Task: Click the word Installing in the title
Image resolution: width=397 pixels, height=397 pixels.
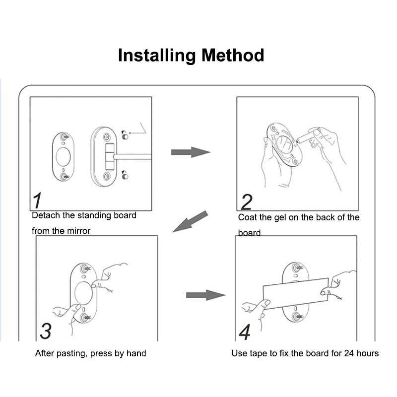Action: [x=157, y=55]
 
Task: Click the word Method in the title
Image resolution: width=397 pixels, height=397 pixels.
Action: [x=233, y=55]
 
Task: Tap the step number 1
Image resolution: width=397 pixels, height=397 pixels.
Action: [x=37, y=200]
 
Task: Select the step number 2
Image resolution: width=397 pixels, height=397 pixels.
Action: [x=246, y=201]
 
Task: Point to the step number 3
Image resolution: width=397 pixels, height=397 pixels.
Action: [x=45, y=331]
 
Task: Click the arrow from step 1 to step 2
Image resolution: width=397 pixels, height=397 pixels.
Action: [x=191, y=152]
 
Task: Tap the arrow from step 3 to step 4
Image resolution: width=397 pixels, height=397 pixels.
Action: [x=205, y=295]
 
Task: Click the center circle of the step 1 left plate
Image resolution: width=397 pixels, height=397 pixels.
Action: [x=63, y=155]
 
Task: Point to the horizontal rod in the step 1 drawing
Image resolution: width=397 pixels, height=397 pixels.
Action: [x=134, y=156]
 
